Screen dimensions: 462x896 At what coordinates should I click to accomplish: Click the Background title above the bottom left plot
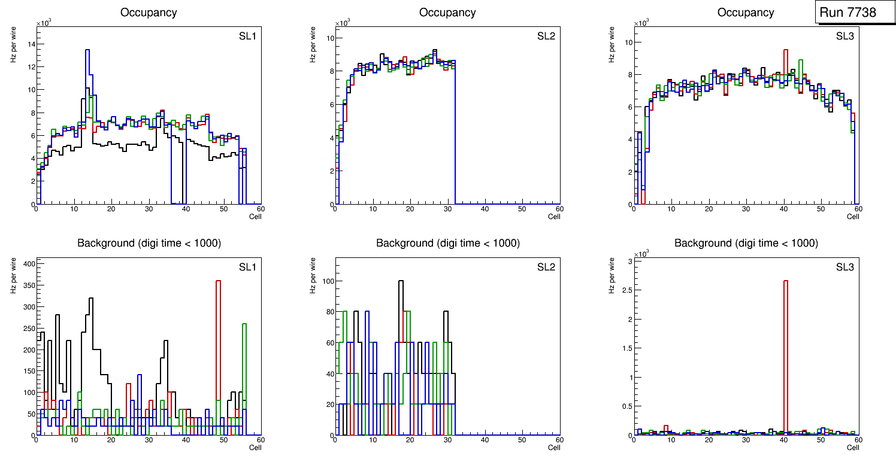coord(149,243)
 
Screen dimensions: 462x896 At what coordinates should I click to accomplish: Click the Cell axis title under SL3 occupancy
coord(853,217)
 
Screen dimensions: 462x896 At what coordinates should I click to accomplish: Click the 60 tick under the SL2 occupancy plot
coord(559,209)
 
